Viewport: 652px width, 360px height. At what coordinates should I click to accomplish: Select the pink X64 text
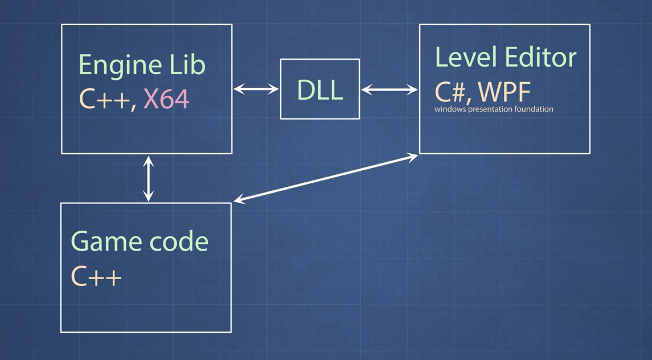click(166, 99)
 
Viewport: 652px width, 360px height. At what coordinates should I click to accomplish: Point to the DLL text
click(320, 90)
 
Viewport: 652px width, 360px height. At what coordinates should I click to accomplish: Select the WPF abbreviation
click(505, 92)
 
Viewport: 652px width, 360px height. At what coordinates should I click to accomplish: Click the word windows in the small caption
click(449, 109)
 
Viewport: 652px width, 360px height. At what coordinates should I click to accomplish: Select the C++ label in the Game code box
click(96, 277)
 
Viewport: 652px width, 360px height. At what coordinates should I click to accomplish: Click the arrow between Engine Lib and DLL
click(256, 89)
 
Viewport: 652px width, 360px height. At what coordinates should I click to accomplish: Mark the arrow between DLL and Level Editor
click(389, 89)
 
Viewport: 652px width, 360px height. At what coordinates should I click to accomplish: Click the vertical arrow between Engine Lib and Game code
click(149, 178)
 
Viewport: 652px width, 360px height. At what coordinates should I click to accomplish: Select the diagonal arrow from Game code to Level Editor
click(326, 178)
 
